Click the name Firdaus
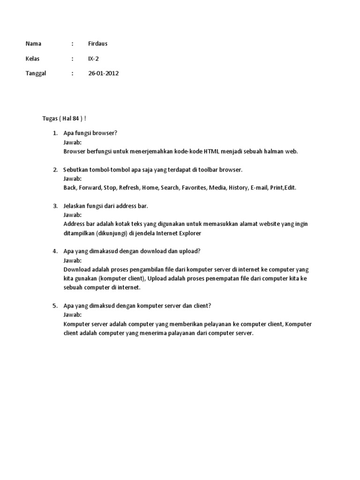point(97,44)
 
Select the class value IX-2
point(93,59)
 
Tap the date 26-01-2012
point(103,74)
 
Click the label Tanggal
point(36,74)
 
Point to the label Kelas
point(33,59)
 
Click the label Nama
point(33,44)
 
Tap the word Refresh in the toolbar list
point(129,187)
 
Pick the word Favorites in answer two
point(195,187)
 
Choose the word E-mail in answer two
point(259,187)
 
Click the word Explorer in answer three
point(191,232)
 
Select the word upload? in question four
point(189,251)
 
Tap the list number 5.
point(54,306)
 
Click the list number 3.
point(54,206)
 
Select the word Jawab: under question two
point(72,179)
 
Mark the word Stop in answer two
point(110,187)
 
